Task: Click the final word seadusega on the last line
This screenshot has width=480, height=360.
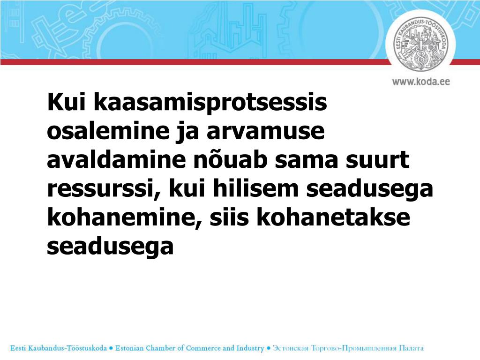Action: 110,247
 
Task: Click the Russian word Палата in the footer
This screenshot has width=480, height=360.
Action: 411,348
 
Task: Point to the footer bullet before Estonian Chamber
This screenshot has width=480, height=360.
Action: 111,348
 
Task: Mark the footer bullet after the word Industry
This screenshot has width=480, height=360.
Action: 269,348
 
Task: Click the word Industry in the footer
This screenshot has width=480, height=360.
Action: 250,348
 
